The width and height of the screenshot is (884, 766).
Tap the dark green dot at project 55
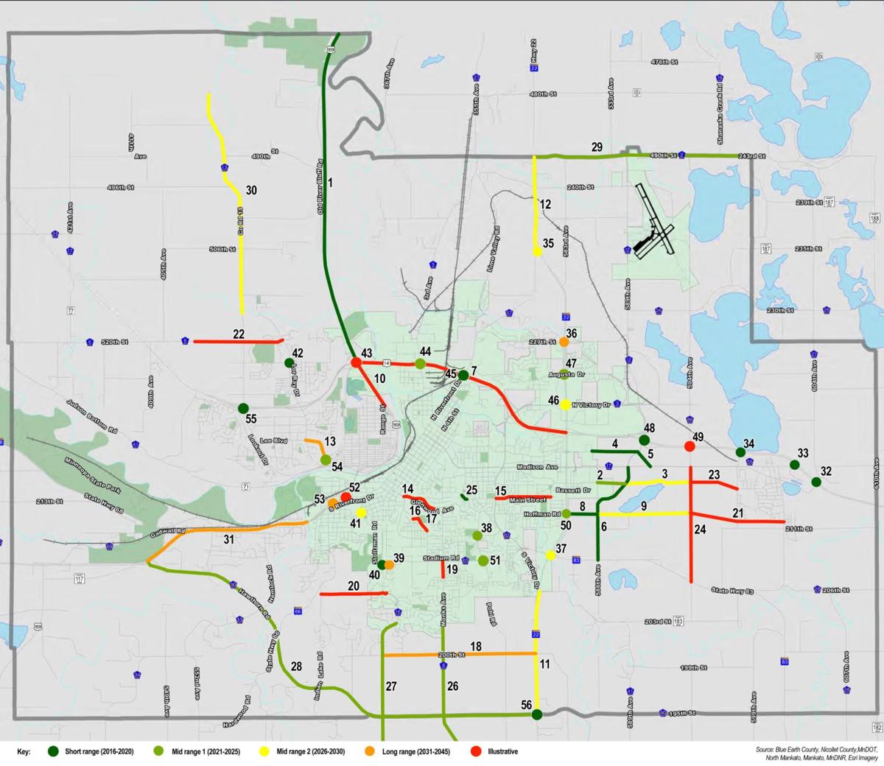coord(243,408)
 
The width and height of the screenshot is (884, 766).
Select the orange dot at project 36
coord(564,342)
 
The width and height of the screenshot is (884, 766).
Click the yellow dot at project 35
coord(537,252)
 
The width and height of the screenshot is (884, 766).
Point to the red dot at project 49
coord(690,446)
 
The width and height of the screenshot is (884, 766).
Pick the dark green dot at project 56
coord(537,714)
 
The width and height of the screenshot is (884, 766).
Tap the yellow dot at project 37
coord(550,555)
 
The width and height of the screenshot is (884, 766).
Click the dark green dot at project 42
coord(290,362)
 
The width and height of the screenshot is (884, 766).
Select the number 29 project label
coord(597,147)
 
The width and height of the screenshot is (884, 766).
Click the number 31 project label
coord(228,540)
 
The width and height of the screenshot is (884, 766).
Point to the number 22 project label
coord(239,334)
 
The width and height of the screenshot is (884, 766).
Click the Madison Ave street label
coord(537,467)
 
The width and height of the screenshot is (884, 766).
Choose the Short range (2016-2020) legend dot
coord(53,751)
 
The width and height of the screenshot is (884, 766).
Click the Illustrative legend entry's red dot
coord(476,751)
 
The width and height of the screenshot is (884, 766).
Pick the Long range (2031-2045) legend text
coord(416,751)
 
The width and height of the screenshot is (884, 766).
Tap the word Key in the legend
coord(24,751)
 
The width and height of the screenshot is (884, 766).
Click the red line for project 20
coord(354,594)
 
